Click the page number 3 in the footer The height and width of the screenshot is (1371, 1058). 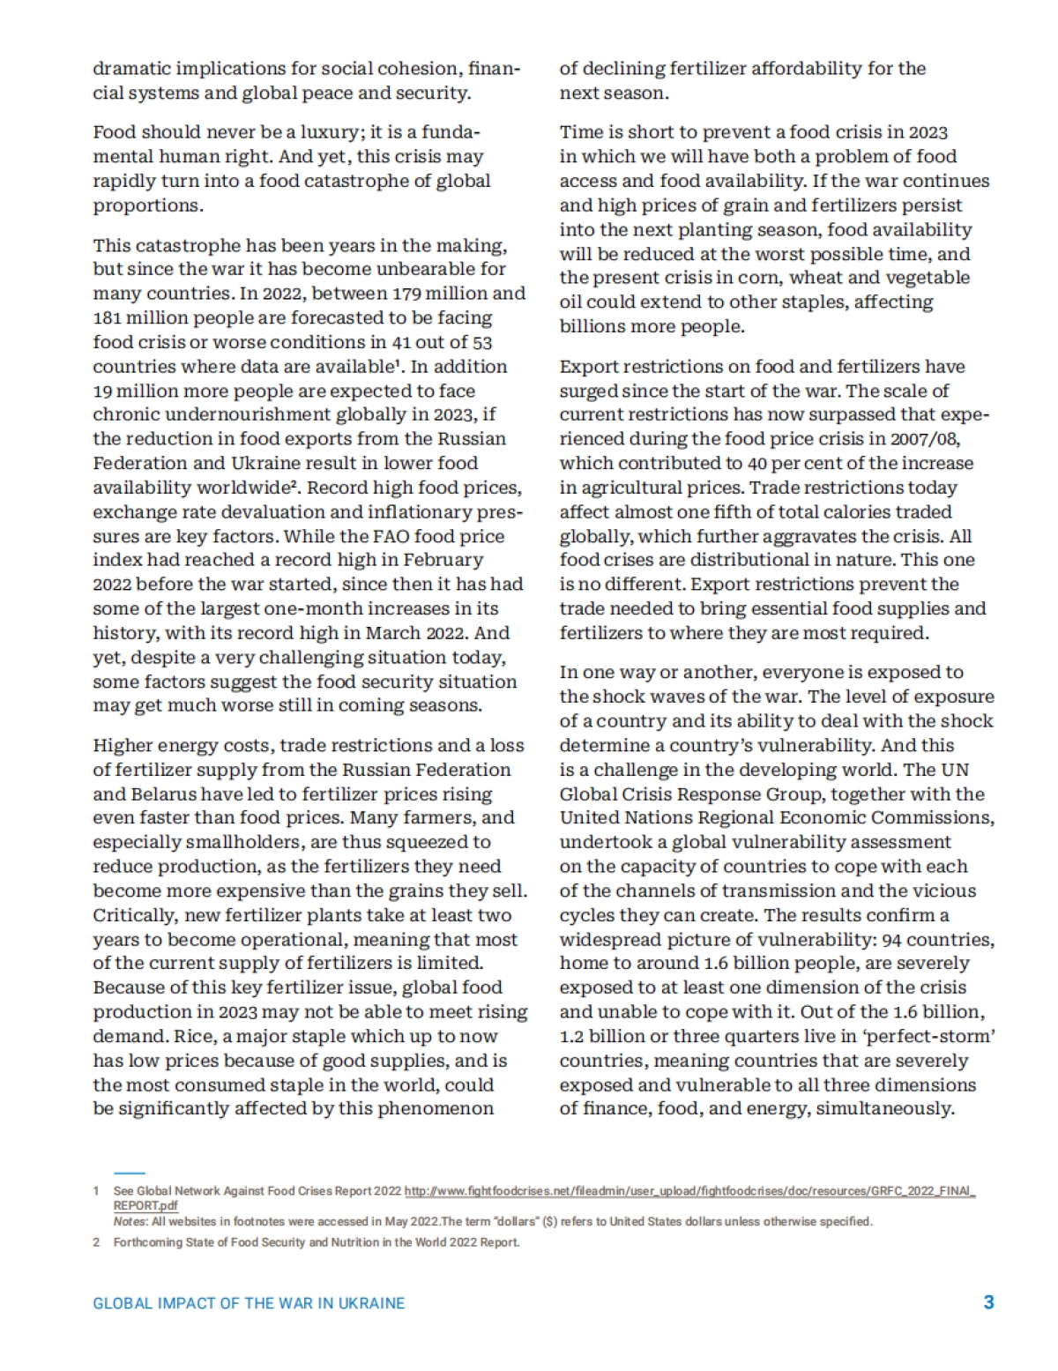tap(988, 1302)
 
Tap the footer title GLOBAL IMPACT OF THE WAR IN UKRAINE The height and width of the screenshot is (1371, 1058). tap(249, 1303)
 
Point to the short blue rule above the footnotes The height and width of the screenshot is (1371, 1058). tap(129, 1173)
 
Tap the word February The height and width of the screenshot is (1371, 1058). tap(443, 560)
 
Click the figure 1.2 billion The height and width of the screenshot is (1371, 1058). tap(598, 1037)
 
